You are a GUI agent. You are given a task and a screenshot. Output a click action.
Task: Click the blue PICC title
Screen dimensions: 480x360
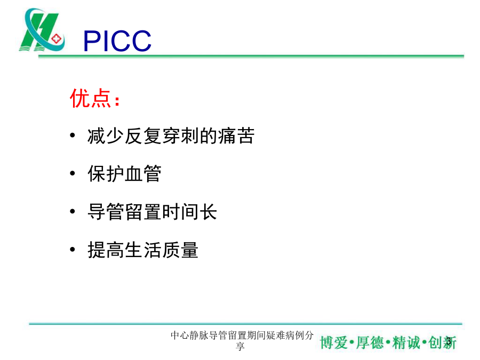click(x=117, y=41)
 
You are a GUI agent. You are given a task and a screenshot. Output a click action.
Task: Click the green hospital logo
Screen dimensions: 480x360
click(x=42, y=30)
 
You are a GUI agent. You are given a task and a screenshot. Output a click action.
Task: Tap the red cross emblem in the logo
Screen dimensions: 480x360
click(x=57, y=39)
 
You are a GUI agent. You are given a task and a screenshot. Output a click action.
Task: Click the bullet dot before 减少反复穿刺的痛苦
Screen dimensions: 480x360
click(x=73, y=135)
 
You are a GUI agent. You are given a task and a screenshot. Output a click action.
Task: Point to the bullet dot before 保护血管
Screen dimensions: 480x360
click(x=73, y=173)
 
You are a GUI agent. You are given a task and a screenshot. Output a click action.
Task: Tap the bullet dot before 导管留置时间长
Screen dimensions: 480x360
click(x=73, y=211)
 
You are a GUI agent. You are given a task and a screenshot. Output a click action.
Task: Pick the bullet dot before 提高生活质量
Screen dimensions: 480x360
click(x=73, y=250)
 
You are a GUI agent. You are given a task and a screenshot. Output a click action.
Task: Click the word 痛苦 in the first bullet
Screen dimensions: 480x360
click(x=236, y=135)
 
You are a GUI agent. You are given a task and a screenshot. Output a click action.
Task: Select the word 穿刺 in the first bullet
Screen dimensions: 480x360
click(x=180, y=135)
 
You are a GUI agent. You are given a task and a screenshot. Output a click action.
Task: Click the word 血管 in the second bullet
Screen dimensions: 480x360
click(x=143, y=173)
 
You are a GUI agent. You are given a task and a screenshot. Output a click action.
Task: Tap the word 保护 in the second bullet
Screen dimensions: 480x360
click(x=106, y=173)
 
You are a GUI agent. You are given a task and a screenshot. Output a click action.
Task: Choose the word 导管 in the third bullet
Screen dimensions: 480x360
click(x=106, y=212)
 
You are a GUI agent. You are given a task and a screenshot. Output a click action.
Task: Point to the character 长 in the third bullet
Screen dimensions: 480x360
click(x=208, y=212)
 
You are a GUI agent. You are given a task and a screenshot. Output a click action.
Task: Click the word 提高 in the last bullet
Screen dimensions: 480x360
click(x=106, y=250)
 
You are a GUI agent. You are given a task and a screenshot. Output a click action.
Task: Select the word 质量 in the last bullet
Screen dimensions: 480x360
click(x=180, y=250)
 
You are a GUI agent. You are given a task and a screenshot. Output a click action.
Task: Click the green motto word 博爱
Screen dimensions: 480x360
click(x=334, y=342)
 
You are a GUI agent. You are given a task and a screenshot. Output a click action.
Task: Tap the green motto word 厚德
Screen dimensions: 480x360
click(x=370, y=342)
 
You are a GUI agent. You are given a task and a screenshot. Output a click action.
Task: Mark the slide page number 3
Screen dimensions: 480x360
click(x=449, y=341)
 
